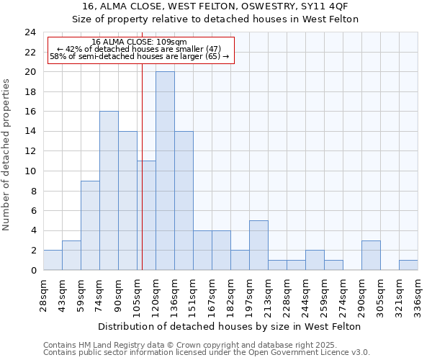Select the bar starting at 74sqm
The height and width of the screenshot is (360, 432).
(109, 191)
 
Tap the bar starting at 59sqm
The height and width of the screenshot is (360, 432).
(90, 225)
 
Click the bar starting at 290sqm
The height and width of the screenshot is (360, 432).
(371, 255)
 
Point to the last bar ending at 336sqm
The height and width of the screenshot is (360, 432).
(408, 265)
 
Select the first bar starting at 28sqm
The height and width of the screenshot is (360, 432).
(53, 260)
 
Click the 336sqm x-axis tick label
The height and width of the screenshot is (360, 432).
(418, 296)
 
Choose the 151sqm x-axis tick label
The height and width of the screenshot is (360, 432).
(194, 296)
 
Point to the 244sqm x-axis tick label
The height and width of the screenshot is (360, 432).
(306, 296)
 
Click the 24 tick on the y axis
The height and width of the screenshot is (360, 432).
(30, 32)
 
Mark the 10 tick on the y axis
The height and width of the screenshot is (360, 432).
(30, 171)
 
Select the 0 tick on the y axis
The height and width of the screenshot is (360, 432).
(33, 270)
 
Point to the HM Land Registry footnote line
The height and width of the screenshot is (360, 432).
(195, 346)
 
